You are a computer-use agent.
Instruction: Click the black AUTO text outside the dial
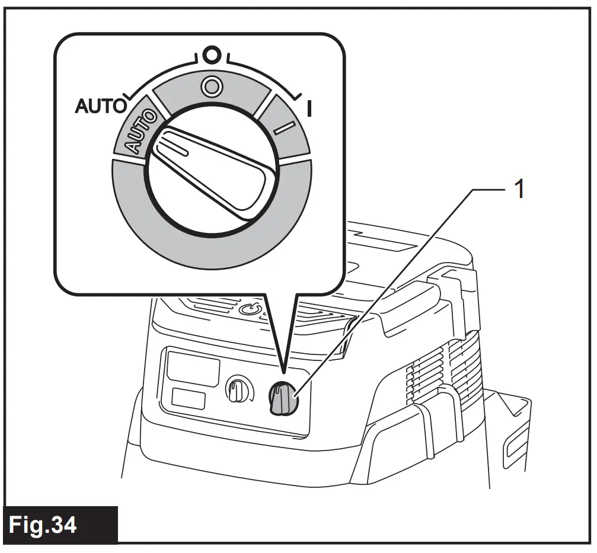101,106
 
